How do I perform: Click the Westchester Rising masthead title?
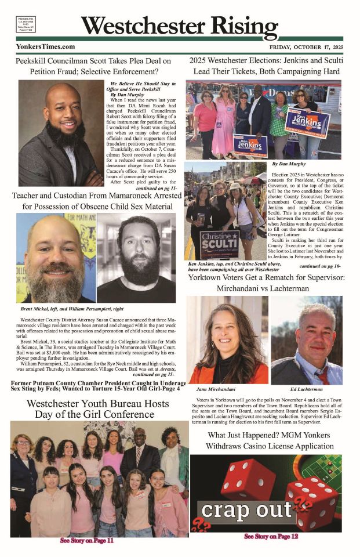click(x=180, y=26)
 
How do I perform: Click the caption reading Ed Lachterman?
click(x=307, y=389)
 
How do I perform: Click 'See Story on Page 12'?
click(x=271, y=537)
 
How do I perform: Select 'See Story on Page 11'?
click(x=87, y=541)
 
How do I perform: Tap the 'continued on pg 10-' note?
click(x=320, y=266)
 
